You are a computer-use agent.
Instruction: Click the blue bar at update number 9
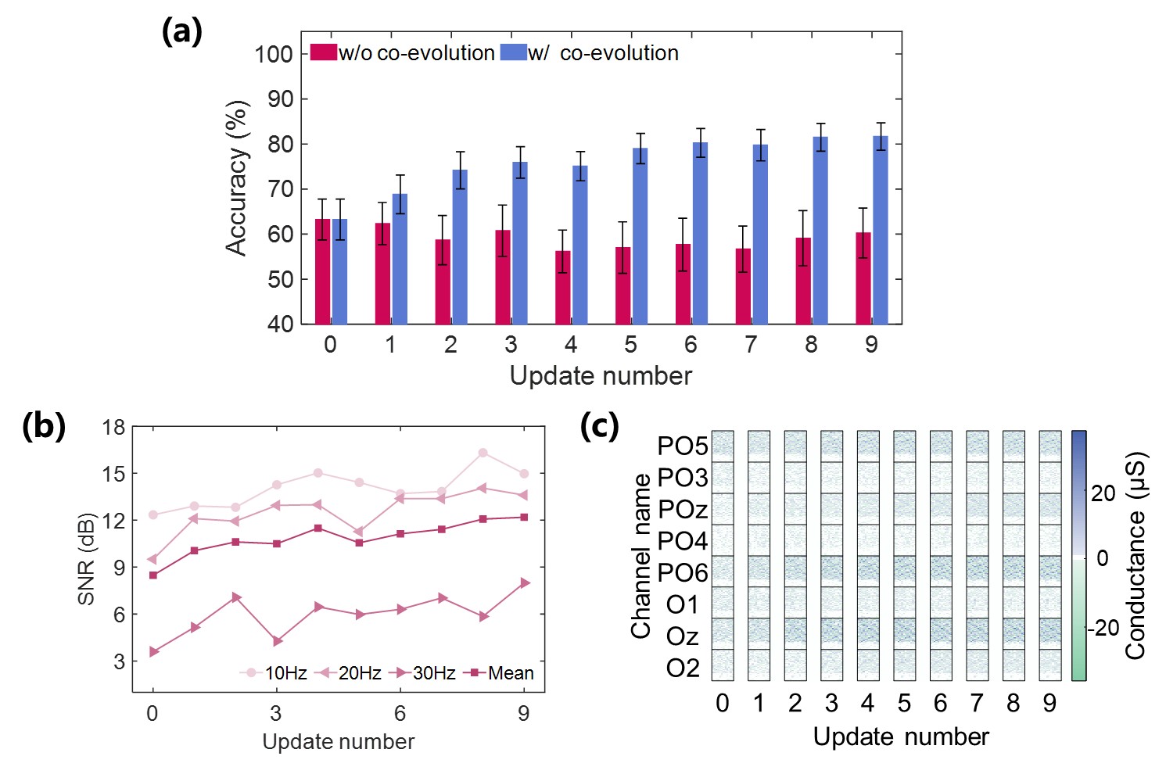click(x=881, y=231)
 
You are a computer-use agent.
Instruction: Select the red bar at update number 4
click(x=562, y=287)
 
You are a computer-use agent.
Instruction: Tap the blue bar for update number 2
click(x=460, y=246)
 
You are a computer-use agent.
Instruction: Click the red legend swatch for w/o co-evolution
click(x=324, y=52)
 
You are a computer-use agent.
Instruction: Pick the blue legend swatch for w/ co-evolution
click(x=513, y=52)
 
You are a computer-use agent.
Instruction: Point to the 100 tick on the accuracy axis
click(x=273, y=54)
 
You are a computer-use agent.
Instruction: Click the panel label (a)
click(x=181, y=32)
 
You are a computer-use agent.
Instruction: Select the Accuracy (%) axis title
click(x=236, y=178)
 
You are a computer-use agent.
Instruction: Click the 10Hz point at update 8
click(x=483, y=453)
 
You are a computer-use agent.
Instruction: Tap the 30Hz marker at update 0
click(x=154, y=651)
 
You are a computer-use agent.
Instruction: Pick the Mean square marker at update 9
click(x=524, y=517)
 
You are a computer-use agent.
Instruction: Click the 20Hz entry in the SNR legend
click(x=350, y=673)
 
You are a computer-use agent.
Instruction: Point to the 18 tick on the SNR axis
click(x=113, y=427)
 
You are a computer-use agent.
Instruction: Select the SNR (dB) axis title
click(x=86, y=558)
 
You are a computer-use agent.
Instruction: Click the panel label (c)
click(x=599, y=426)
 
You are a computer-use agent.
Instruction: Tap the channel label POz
click(x=682, y=510)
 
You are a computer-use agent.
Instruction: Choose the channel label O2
click(x=682, y=668)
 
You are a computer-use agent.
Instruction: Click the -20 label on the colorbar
click(x=1104, y=627)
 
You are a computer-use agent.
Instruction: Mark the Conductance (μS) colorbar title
click(x=1135, y=555)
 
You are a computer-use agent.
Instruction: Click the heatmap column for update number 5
click(x=904, y=555)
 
